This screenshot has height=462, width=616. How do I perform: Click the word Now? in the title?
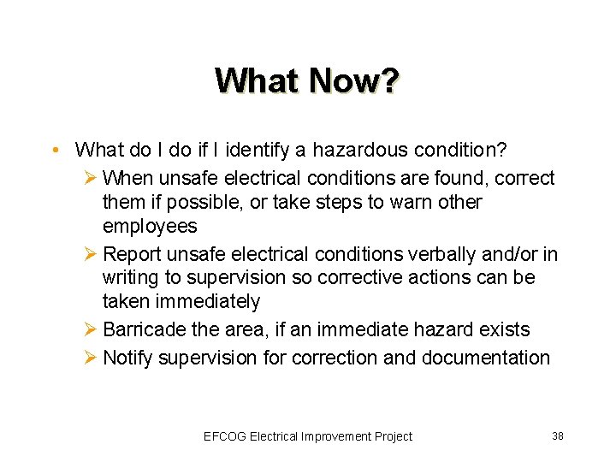(x=353, y=81)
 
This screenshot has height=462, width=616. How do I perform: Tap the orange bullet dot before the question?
(x=54, y=151)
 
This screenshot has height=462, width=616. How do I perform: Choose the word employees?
(x=150, y=226)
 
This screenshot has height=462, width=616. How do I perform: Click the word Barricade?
(x=142, y=329)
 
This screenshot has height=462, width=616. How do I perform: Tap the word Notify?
(x=128, y=358)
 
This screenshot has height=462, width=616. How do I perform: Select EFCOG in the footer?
(x=225, y=436)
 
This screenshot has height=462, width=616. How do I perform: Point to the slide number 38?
(x=558, y=435)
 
